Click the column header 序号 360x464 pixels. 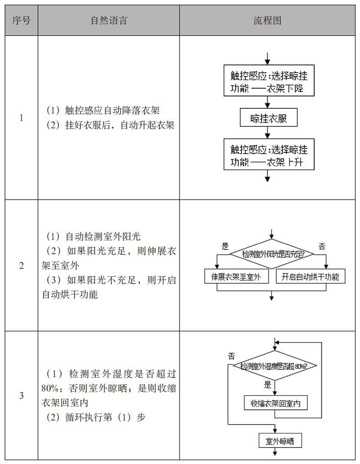(21, 21)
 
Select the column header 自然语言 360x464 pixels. (108, 21)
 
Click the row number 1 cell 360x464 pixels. (21, 118)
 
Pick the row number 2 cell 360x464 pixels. (21, 265)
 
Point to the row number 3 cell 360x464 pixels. (21, 396)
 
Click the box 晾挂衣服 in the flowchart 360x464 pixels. (269, 118)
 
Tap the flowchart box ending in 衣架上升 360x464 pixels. (269, 155)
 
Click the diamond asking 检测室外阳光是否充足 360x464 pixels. (271, 254)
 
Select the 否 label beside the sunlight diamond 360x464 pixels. (322, 246)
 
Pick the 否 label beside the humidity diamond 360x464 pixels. (231, 356)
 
